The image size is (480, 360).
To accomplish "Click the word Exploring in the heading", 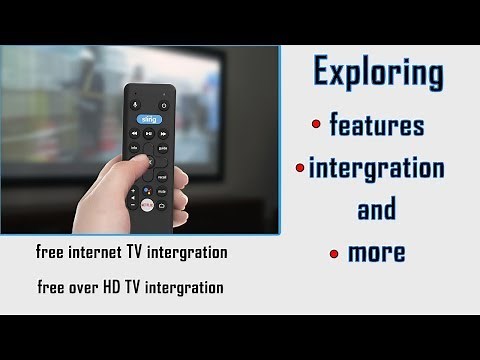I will pyautogui.click(x=378, y=72).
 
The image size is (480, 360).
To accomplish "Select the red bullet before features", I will pyautogui.click(x=316, y=123).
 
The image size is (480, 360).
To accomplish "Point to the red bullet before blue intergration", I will pyautogui.click(x=301, y=165).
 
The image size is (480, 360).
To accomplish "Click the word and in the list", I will pyautogui.click(x=376, y=210).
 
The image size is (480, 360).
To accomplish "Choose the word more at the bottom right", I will pyautogui.click(x=376, y=252).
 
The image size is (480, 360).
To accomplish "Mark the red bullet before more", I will pyautogui.click(x=334, y=253).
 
